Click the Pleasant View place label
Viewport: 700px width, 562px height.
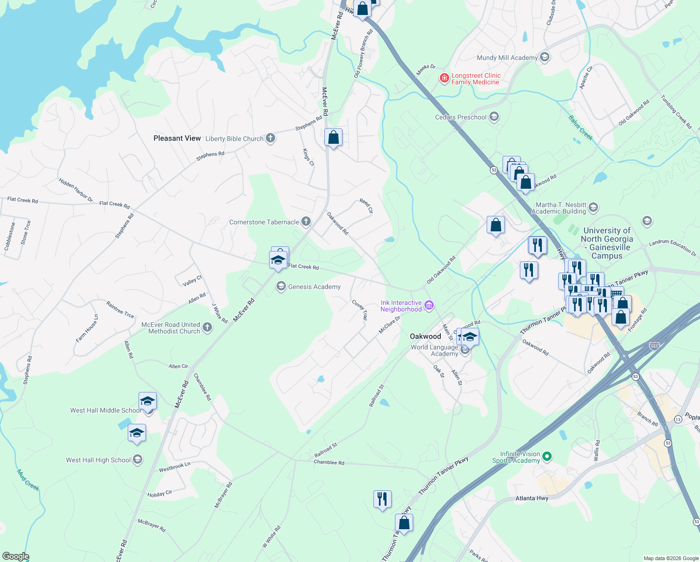click(x=177, y=138)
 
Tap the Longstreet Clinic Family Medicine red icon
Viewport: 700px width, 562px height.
click(x=444, y=78)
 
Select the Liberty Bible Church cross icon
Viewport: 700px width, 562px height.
click(x=270, y=138)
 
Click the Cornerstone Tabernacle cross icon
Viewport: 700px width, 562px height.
click(x=306, y=222)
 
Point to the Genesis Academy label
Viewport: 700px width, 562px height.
click(x=314, y=287)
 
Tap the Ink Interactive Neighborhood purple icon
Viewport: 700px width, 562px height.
click(x=429, y=306)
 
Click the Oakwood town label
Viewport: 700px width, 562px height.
click(x=425, y=336)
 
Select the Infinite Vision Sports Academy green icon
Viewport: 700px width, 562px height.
click(x=547, y=456)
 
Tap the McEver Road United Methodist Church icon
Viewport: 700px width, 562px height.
click(x=207, y=328)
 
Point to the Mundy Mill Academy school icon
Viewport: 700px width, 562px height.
click(x=544, y=57)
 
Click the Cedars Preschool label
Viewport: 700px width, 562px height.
click(x=460, y=117)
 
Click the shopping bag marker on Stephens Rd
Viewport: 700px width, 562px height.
click(x=333, y=138)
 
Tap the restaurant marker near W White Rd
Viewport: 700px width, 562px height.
click(x=382, y=499)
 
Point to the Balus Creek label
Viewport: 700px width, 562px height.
click(x=581, y=127)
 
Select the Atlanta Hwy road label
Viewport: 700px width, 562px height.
click(x=532, y=498)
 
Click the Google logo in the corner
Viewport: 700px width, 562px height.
click(x=15, y=556)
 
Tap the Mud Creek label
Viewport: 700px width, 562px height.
click(x=28, y=480)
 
